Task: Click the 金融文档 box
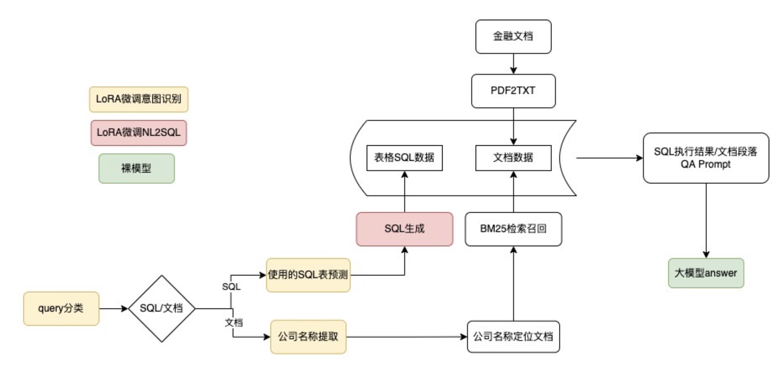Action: pyautogui.click(x=513, y=36)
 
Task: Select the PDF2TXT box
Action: pyautogui.click(x=513, y=91)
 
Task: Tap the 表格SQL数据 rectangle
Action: pyautogui.click(x=404, y=158)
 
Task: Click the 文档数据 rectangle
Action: pyautogui.click(x=513, y=158)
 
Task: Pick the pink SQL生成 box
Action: pyautogui.click(x=404, y=229)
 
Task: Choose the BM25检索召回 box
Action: pyautogui.click(x=513, y=229)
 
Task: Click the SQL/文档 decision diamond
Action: pyautogui.click(x=161, y=308)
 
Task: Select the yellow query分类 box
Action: pyautogui.click(x=61, y=308)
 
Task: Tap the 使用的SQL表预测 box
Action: pyautogui.click(x=308, y=275)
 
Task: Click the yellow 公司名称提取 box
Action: pyautogui.click(x=308, y=336)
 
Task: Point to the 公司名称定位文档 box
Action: pyautogui.click(x=513, y=336)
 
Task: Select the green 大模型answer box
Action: pyautogui.click(x=706, y=273)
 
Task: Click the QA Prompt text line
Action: pyautogui.click(x=705, y=164)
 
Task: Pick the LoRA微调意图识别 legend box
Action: pyautogui.click(x=138, y=99)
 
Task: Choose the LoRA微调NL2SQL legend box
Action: pyautogui.click(x=138, y=133)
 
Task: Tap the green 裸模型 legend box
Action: pyautogui.click(x=136, y=168)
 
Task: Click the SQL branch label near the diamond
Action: pyautogui.click(x=231, y=287)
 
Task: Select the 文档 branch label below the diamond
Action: pyautogui.click(x=234, y=322)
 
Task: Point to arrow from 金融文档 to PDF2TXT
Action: pyautogui.click(x=513, y=64)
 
